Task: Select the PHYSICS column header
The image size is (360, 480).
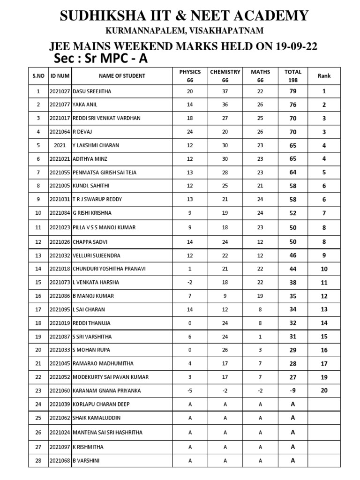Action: pyautogui.click(x=190, y=72)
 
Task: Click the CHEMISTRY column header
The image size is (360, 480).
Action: pyautogui.click(x=225, y=72)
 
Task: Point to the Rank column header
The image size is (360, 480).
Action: pyautogui.click(x=324, y=75)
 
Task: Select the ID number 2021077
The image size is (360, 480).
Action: pyautogui.click(x=60, y=105)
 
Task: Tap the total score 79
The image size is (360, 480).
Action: pyautogui.click(x=293, y=91)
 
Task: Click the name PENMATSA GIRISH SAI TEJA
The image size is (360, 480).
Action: pyautogui.click(x=105, y=172)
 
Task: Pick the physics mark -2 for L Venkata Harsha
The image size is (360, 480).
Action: pyautogui.click(x=190, y=282)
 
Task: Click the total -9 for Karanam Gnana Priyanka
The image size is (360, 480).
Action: pyautogui.click(x=293, y=390)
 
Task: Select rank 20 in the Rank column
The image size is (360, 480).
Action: pyautogui.click(x=324, y=390)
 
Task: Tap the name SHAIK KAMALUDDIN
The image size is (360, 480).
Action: pyautogui.click(x=97, y=418)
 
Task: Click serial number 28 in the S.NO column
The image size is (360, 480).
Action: pyautogui.click(x=38, y=461)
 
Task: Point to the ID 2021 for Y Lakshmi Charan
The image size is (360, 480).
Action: pyautogui.click(x=60, y=145)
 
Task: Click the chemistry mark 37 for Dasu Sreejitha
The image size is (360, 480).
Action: pyautogui.click(x=225, y=91)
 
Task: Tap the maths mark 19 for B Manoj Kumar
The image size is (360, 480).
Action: pyautogui.click(x=260, y=296)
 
